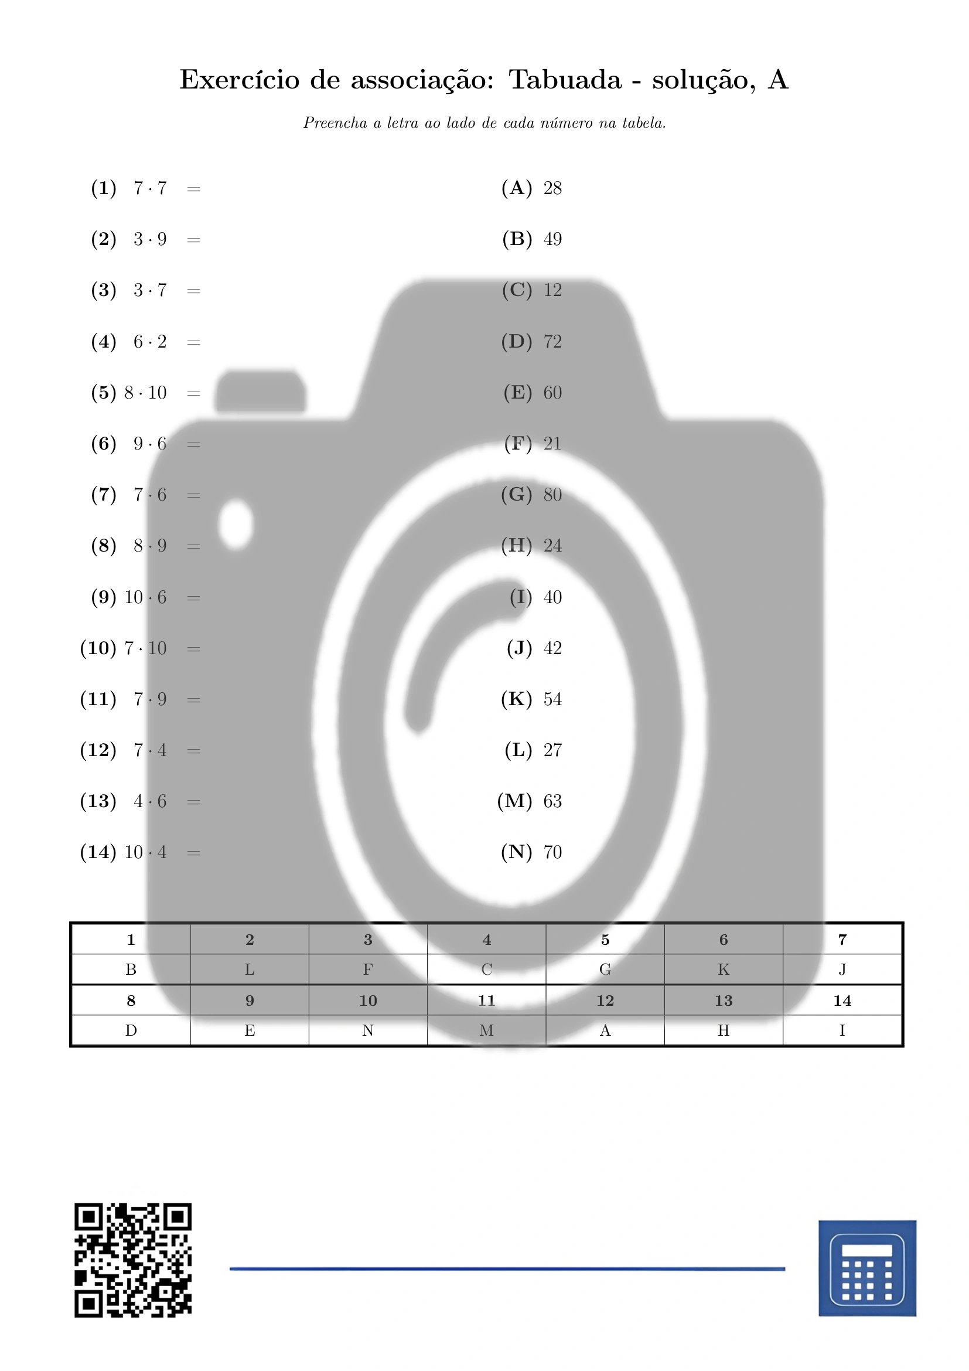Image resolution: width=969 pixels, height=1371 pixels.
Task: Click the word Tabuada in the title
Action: (x=564, y=79)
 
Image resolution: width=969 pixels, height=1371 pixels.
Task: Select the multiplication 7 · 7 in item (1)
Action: (x=150, y=189)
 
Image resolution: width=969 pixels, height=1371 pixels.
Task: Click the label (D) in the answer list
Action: (x=517, y=342)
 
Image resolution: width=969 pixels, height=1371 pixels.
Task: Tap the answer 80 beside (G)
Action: (x=552, y=495)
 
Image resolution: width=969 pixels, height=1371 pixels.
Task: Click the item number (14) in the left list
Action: (x=98, y=852)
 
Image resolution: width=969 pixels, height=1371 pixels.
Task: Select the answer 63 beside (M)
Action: (x=552, y=801)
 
